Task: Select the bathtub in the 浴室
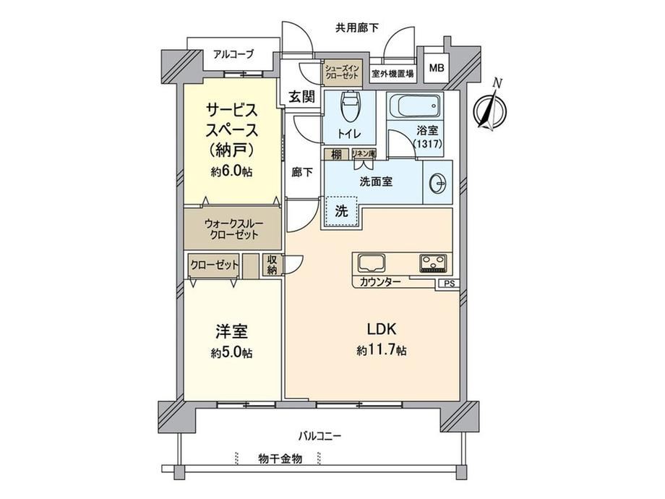pyautogui.click(x=415, y=106)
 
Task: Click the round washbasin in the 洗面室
pyautogui.click(x=438, y=184)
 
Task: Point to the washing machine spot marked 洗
pyautogui.click(x=342, y=211)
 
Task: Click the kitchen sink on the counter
pyautogui.click(x=372, y=263)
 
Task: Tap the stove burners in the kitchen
pyautogui.click(x=432, y=263)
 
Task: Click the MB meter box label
pyautogui.click(x=437, y=67)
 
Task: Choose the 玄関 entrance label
pyautogui.click(x=302, y=97)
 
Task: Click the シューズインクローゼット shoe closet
pyautogui.click(x=341, y=72)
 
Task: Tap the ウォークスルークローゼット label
pyautogui.click(x=233, y=229)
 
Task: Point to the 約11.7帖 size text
pyautogui.click(x=381, y=350)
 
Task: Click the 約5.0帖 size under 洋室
pyautogui.click(x=232, y=353)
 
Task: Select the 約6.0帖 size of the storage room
pyautogui.click(x=231, y=171)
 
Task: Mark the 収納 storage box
pyautogui.click(x=273, y=265)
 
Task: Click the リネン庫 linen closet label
pyautogui.click(x=364, y=153)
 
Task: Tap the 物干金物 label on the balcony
pyautogui.click(x=280, y=459)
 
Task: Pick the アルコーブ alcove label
pyautogui.click(x=233, y=54)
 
